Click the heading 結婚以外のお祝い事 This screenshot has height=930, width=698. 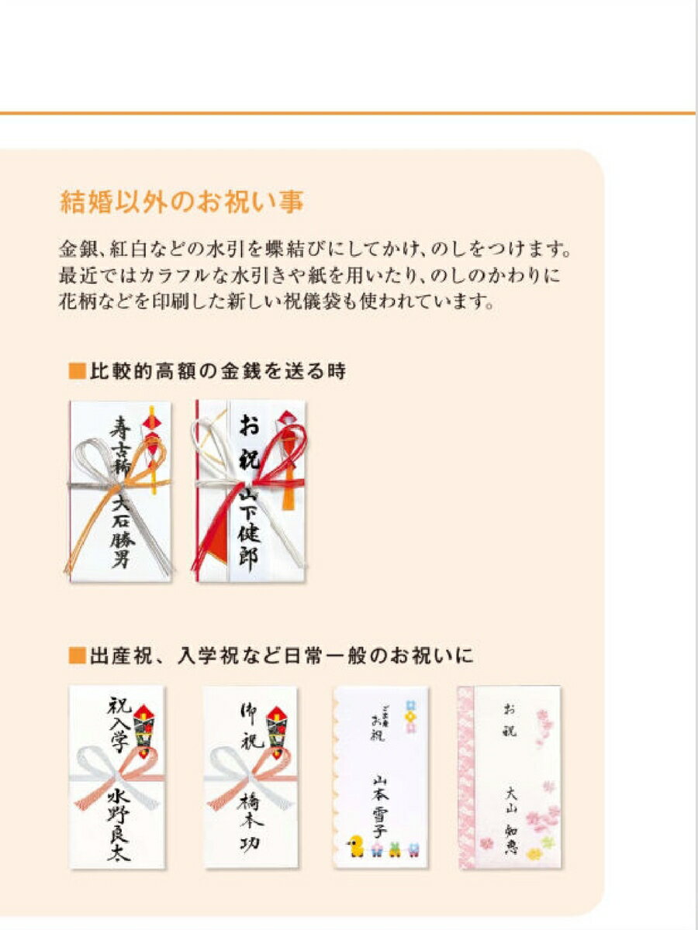click(x=181, y=202)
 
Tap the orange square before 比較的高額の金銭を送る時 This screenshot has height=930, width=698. click(x=75, y=371)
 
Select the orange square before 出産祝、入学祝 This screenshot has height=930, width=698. click(x=75, y=656)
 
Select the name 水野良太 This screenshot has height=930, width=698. click(x=119, y=824)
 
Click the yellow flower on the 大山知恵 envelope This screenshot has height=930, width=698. click(x=534, y=854)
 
